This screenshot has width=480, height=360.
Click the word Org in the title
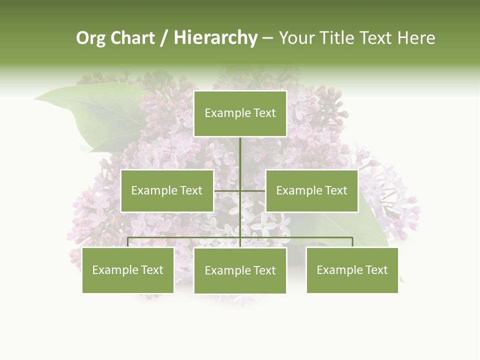coord(90,38)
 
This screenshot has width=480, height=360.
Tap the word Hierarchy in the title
coord(215,38)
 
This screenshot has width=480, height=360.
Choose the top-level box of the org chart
coord(240,113)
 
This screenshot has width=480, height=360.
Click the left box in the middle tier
coord(167,190)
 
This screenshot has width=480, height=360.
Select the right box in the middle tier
coord(312,190)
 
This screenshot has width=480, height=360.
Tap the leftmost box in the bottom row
coord(128,270)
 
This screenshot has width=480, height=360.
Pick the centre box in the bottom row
coord(240,270)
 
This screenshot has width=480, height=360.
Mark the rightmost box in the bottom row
coord(352,270)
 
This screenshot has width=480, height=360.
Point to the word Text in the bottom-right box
coord(376,270)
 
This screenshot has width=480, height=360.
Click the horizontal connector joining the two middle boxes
coord(240,190)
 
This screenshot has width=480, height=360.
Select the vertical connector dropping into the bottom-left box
coord(128,242)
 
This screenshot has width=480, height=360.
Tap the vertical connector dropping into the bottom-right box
coord(352,242)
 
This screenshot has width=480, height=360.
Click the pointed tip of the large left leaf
coord(34,99)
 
